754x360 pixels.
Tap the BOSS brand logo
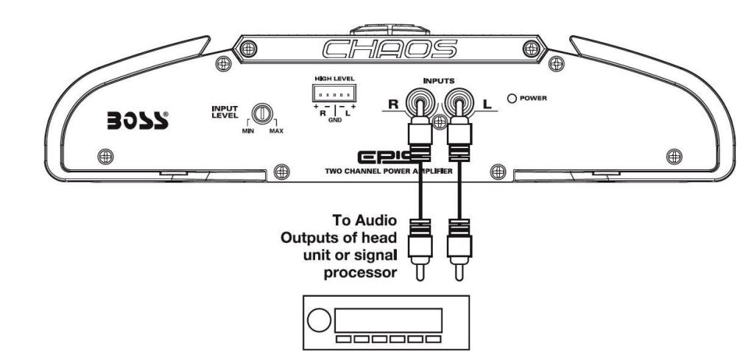(138, 121)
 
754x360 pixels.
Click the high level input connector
(334, 96)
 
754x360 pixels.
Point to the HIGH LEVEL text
(334, 78)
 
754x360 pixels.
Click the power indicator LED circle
(511, 97)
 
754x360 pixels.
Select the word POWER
(536, 98)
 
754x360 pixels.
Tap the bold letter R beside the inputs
(393, 105)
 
